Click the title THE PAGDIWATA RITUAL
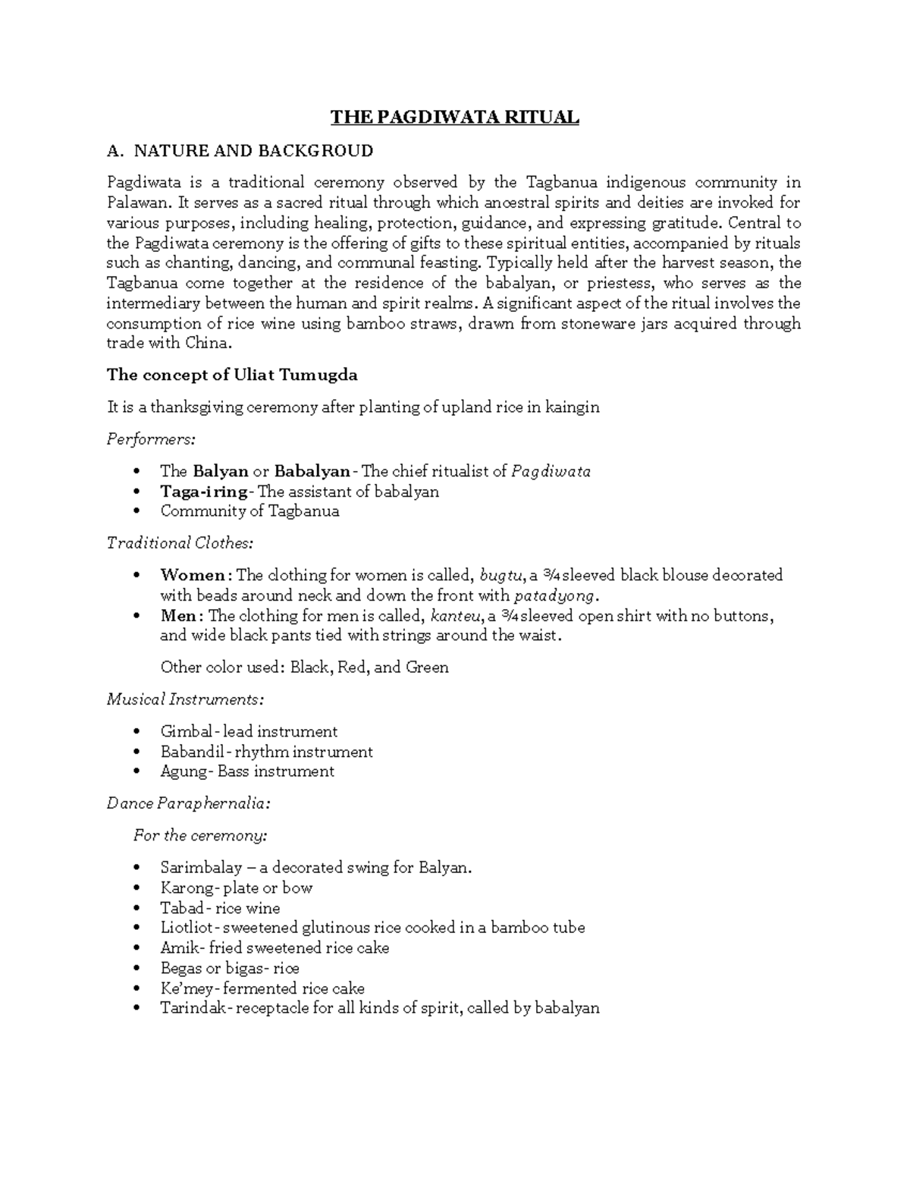(454, 118)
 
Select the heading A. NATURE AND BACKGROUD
(240, 151)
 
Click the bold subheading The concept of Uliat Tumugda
(232, 375)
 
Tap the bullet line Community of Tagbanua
(249, 511)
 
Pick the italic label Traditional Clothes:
(180, 543)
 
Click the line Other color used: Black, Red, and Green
(304, 668)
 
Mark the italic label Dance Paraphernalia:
(188, 803)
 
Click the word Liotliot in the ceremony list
(187, 928)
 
